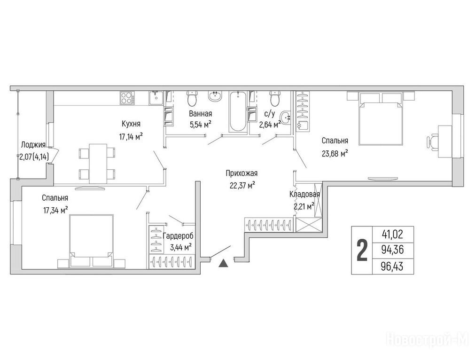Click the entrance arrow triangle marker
(223, 263)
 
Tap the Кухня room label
(131, 124)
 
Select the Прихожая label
(241, 173)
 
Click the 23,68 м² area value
(335, 154)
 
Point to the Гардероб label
(178, 236)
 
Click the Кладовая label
(304, 194)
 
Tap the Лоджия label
(33, 145)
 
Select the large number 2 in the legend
(362, 251)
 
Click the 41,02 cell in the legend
(393, 234)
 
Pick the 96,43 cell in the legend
(393, 267)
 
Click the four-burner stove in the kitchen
(127, 98)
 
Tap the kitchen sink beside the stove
(156, 98)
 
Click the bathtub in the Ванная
(238, 111)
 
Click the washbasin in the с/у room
(285, 118)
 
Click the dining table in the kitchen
(98, 164)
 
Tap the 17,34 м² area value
(55, 211)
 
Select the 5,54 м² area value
(201, 125)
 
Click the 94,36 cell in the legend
(393, 251)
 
